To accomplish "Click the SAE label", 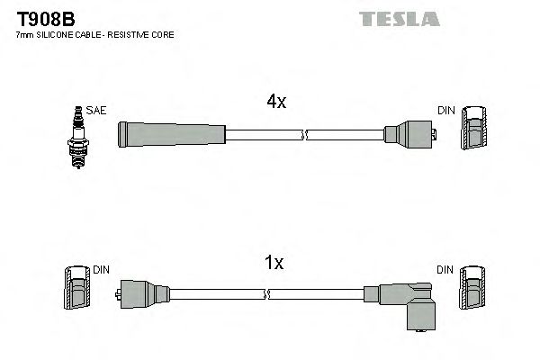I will (x=97, y=110).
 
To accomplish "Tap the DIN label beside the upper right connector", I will (x=446, y=110).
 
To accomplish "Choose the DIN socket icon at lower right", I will (x=472, y=289).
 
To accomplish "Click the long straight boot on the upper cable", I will (x=171, y=135).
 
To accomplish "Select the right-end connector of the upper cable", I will (x=409, y=136).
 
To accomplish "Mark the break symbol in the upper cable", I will (x=306, y=136).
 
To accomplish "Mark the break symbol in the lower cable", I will (x=267, y=294).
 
